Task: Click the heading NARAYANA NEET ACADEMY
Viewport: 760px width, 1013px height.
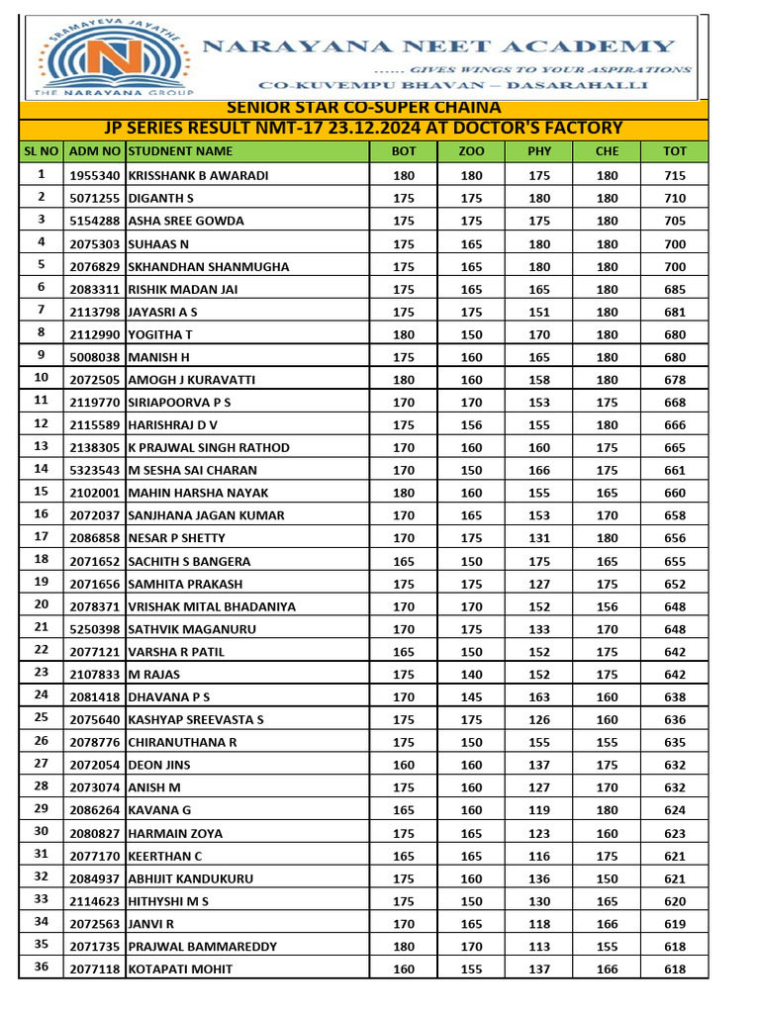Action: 439,46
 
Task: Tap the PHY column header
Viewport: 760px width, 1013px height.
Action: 539,151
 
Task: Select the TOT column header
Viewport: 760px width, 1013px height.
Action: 675,151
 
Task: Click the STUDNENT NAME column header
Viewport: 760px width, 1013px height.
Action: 181,151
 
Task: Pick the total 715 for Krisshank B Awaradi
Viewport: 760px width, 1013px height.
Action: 675,175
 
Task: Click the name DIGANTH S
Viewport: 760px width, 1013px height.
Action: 161,198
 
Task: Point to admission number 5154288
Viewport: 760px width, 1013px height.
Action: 95,221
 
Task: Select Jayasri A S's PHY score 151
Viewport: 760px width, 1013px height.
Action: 539,312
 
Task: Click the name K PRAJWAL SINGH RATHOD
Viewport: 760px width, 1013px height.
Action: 209,447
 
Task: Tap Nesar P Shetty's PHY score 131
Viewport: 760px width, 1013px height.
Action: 539,538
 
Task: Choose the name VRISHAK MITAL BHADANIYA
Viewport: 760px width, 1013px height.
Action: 212,606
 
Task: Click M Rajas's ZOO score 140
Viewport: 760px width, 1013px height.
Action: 472,675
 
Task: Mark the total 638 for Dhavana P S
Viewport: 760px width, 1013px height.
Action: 675,697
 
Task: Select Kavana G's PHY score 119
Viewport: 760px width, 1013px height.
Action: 539,810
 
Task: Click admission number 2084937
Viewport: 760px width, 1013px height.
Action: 95,878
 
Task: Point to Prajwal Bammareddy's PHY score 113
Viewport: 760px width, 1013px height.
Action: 539,947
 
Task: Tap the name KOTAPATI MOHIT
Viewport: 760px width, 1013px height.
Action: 174,969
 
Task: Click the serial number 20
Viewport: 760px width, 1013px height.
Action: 42,604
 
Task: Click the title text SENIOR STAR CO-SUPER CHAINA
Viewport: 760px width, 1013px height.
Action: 364,108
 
